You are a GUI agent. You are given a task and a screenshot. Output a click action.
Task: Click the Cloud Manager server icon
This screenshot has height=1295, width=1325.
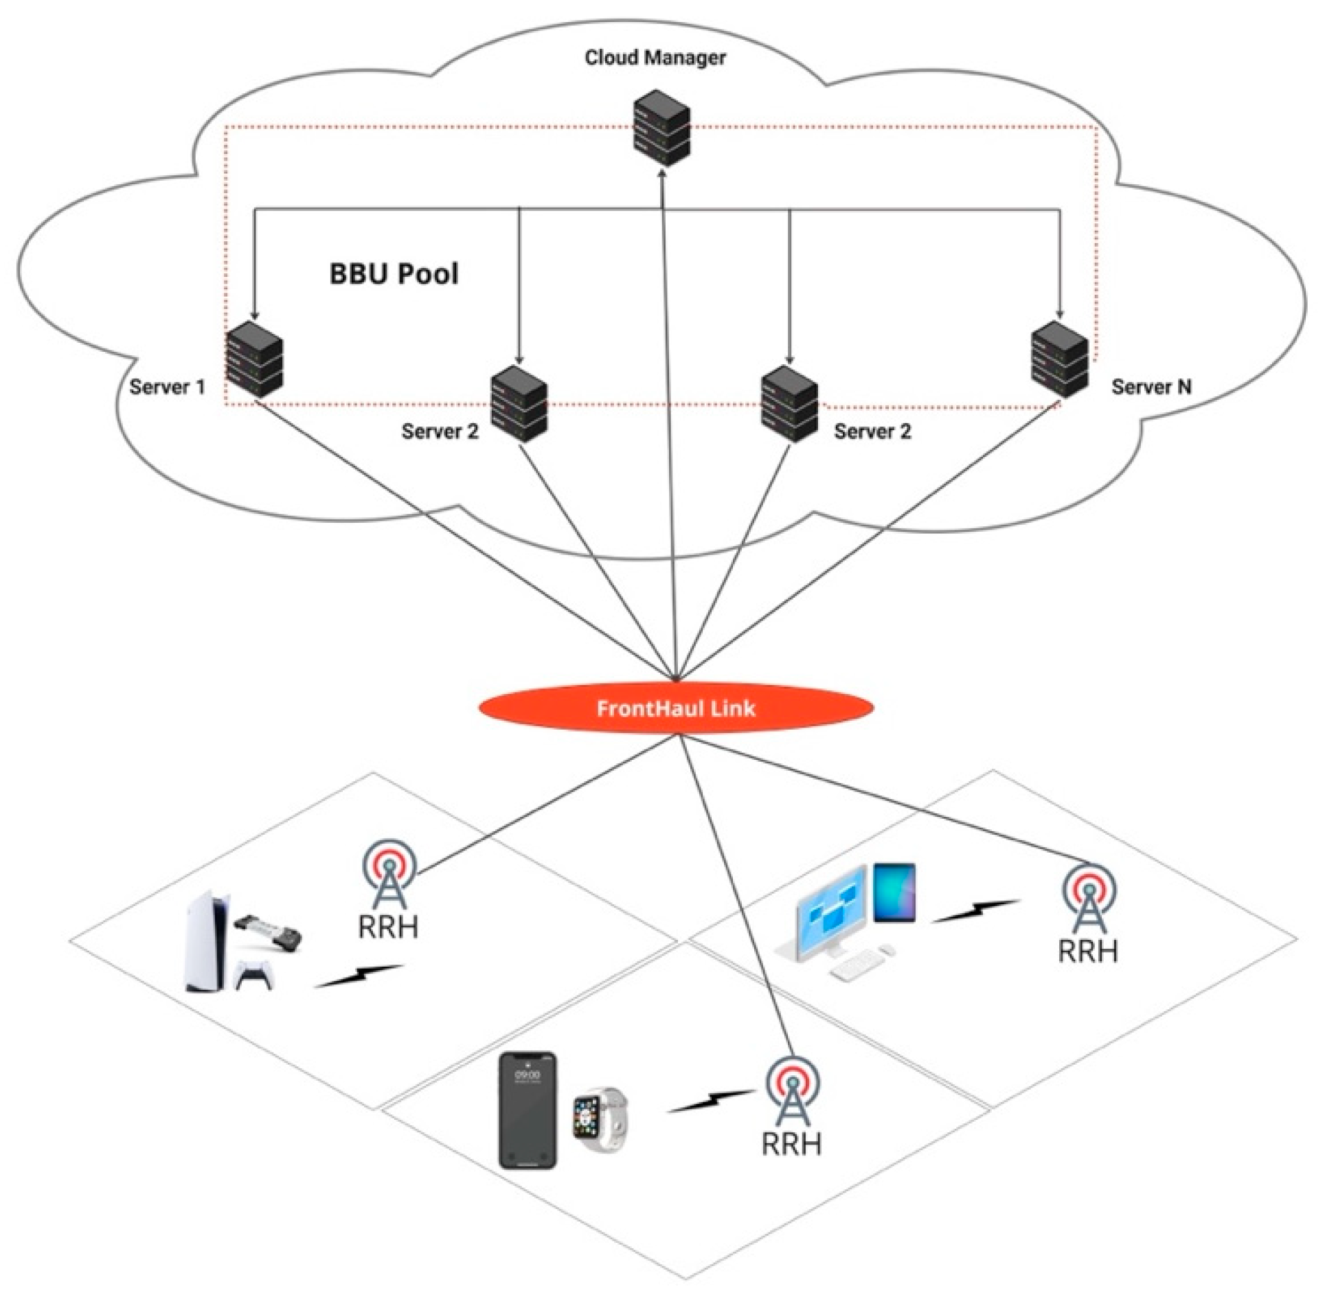pyautogui.click(x=660, y=127)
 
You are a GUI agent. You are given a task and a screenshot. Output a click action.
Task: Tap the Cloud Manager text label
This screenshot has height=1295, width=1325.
pyautogui.click(x=655, y=58)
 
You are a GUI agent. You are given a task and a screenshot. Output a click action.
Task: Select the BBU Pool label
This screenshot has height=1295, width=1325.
pyautogui.click(x=394, y=274)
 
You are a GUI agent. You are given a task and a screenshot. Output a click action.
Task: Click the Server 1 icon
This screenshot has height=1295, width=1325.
pyautogui.click(x=254, y=359)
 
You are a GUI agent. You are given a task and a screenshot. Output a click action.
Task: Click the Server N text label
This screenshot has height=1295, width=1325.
pyautogui.click(x=1151, y=387)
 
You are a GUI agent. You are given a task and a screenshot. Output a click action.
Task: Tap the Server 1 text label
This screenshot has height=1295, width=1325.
pyautogui.click(x=168, y=387)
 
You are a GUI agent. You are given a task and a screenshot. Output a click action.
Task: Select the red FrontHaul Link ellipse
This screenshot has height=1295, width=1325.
pyautogui.click(x=676, y=708)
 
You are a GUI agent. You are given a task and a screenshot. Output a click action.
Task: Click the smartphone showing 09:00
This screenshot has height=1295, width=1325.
pyautogui.click(x=527, y=1110)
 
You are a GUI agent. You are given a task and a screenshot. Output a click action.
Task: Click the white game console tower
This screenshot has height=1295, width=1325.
pyautogui.click(x=205, y=941)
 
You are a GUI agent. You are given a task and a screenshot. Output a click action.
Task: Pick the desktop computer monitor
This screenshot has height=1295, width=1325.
pyautogui.click(x=829, y=908)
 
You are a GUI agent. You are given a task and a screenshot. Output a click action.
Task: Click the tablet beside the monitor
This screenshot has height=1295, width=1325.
pyautogui.click(x=894, y=892)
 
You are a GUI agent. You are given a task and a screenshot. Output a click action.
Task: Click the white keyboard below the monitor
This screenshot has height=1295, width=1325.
pyautogui.click(x=855, y=965)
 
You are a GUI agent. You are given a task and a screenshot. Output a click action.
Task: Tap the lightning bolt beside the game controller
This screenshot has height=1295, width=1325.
pyautogui.click(x=359, y=976)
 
